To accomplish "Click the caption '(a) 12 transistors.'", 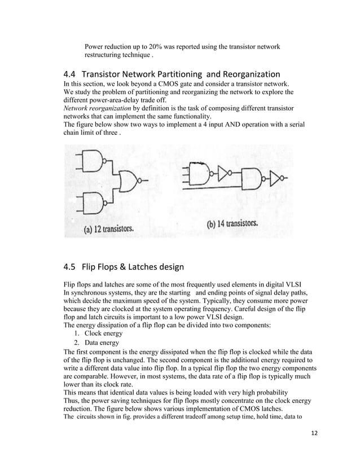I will (109, 230).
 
